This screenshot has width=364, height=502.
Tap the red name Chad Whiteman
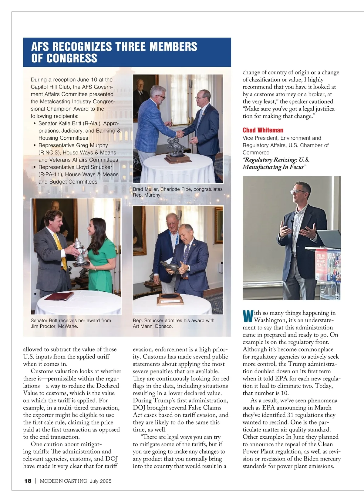pyautogui.click(x=263, y=130)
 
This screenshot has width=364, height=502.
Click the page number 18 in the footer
pyautogui.click(x=28, y=481)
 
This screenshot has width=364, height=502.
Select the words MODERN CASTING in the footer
pyautogui.click(x=64, y=481)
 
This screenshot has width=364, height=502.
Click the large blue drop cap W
pyautogui.click(x=248, y=316)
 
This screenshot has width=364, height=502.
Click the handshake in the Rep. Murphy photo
pyautogui.click(x=181, y=133)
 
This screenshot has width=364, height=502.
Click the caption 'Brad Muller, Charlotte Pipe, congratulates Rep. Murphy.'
pyautogui.click(x=177, y=192)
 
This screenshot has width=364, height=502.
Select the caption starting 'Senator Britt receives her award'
pyautogui.click(x=71, y=323)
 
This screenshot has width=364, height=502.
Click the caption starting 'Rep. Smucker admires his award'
pyautogui.click(x=174, y=323)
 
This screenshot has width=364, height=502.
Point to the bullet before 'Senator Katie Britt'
pyautogui.click(x=35, y=124)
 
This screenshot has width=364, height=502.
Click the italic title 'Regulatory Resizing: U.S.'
pyautogui.click(x=276, y=160)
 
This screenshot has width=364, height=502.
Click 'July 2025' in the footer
pyautogui.click(x=100, y=481)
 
